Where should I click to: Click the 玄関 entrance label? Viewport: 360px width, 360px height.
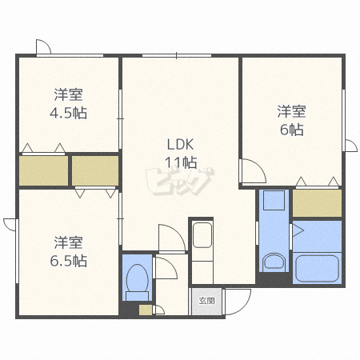click(x=206, y=301)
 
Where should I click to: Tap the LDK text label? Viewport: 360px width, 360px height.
click(x=180, y=145)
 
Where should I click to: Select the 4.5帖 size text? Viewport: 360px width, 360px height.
click(x=68, y=113)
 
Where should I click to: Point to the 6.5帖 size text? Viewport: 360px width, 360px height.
click(x=69, y=261)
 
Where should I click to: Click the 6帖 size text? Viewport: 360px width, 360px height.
click(x=291, y=130)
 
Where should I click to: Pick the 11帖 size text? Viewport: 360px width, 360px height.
click(x=181, y=162)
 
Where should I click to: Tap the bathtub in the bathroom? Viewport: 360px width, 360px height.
click(x=317, y=268)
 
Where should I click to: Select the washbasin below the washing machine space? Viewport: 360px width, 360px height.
click(x=274, y=262)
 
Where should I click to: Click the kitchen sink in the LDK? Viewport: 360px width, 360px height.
click(x=202, y=235)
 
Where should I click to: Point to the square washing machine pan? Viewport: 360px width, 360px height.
click(x=274, y=200)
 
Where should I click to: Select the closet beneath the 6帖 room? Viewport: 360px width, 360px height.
click(x=317, y=203)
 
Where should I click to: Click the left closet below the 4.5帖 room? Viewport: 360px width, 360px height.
click(x=43, y=170)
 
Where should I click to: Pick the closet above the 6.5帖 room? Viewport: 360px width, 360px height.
click(x=95, y=170)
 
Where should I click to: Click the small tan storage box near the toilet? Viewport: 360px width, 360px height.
click(x=146, y=310)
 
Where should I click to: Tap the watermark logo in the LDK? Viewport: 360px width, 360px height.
click(x=180, y=182)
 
